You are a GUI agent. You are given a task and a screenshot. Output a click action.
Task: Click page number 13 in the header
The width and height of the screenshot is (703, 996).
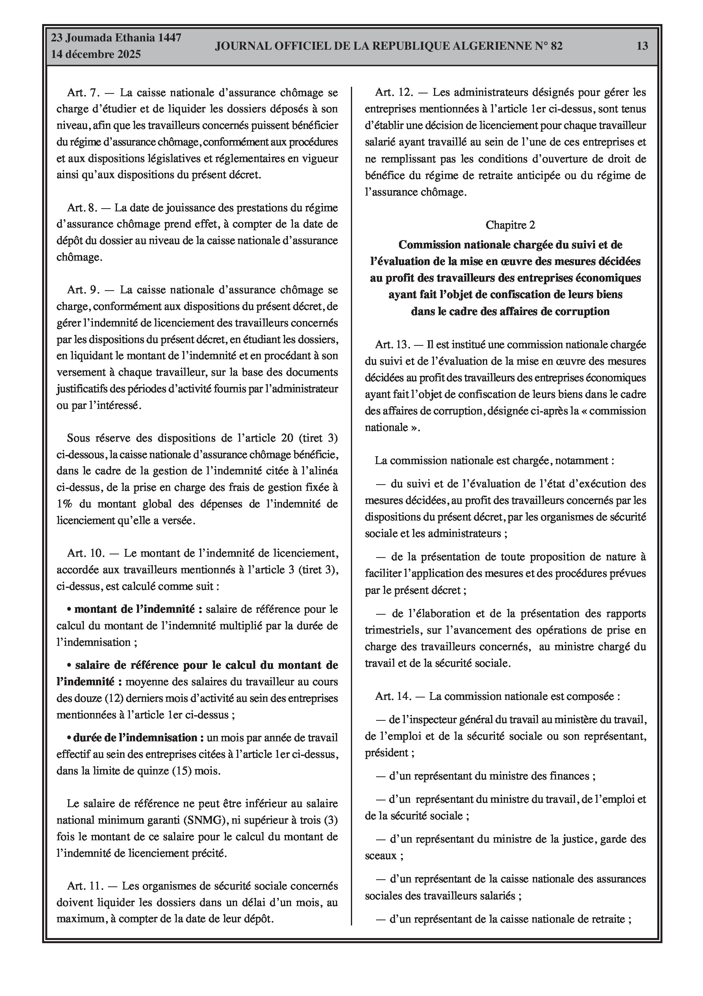pyautogui.click(x=642, y=46)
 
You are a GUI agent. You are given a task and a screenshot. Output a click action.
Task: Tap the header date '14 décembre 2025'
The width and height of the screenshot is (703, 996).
pyautogui.click(x=96, y=54)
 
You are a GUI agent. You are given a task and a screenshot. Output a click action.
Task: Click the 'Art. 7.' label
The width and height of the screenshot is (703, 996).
pyautogui.click(x=83, y=92)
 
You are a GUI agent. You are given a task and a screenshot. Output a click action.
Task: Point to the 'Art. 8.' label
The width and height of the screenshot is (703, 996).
pyautogui.click(x=82, y=208)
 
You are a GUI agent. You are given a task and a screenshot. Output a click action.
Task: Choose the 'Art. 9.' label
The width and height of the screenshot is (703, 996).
pyautogui.click(x=83, y=290)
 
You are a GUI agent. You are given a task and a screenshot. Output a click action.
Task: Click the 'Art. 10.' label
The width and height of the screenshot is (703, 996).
pyautogui.click(x=86, y=553)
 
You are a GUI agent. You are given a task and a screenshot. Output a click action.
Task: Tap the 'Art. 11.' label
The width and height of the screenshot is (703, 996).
pyautogui.click(x=85, y=886)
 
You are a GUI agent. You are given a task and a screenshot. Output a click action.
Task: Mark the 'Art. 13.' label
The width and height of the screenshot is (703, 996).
pyautogui.click(x=392, y=345)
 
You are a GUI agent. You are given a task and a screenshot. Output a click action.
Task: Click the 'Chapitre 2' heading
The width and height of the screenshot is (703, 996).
pyautogui.click(x=510, y=225)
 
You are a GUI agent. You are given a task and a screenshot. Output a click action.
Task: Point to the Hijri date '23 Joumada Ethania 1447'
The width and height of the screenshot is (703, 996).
pyautogui.click(x=116, y=38)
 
